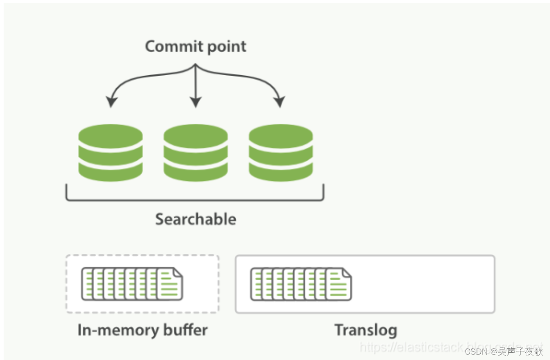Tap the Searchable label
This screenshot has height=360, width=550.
[x=196, y=219]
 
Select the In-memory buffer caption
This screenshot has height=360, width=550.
[x=142, y=329]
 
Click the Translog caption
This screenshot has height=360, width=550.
[x=365, y=329]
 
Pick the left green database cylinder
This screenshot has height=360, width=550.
[x=110, y=152]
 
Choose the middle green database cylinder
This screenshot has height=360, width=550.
[x=196, y=152]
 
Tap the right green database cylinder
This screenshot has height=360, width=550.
[x=280, y=152]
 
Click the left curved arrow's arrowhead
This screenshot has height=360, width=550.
[x=110, y=103]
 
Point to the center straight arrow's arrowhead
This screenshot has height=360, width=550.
[x=196, y=103]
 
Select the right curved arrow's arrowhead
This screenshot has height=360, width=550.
[x=280, y=103]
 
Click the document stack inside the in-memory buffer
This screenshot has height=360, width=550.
[x=132, y=283]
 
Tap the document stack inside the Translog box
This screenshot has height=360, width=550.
[x=301, y=283]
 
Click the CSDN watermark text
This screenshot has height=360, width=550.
[x=503, y=351]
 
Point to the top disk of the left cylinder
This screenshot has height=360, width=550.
[x=110, y=135]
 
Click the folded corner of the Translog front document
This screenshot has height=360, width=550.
[x=347, y=273]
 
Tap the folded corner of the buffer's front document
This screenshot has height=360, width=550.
[x=178, y=273]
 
